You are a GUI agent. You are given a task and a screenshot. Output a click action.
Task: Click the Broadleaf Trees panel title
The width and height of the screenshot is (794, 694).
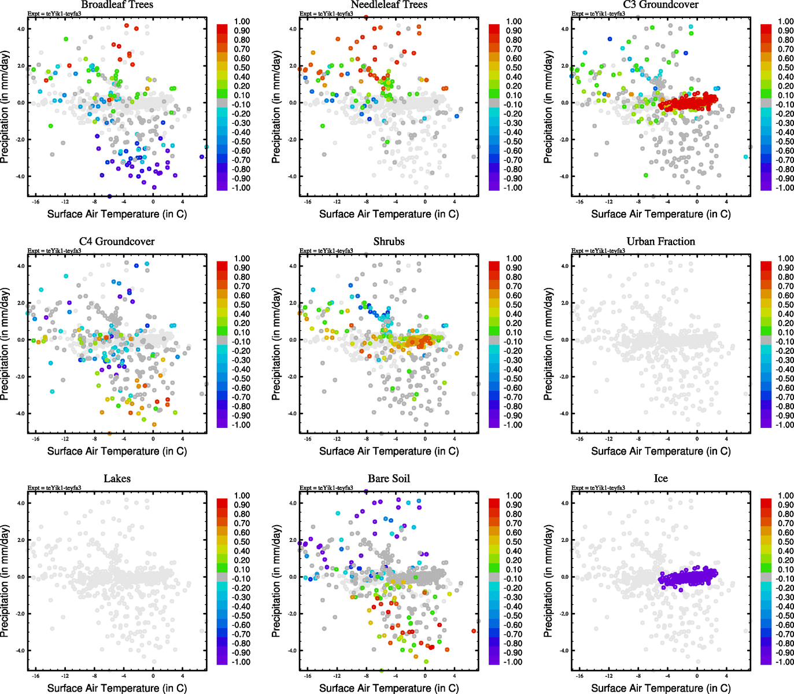pyautogui.click(x=117, y=5)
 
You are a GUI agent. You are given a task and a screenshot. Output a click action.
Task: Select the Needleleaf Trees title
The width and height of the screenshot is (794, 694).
pyautogui.click(x=389, y=5)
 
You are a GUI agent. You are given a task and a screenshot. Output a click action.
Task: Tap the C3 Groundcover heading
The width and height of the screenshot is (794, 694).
pyautogui.click(x=660, y=5)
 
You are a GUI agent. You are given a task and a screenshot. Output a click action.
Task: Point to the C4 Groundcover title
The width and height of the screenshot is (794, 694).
pyautogui.click(x=117, y=242)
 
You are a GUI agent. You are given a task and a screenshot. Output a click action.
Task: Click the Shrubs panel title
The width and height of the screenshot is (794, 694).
pyautogui.click(x=389, y=242)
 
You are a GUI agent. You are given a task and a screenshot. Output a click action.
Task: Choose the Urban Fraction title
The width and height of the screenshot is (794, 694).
pyautogui.click(x=660, y=242)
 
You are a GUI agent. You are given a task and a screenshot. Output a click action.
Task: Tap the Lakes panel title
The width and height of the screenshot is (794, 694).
pyautogui.click(x=117, y=479)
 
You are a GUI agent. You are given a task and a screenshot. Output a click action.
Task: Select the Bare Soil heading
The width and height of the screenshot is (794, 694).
pyautogui.click(x=389, y=479)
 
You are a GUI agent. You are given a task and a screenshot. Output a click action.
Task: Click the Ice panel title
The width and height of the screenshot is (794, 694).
pyautogui.click(x=660, y=479)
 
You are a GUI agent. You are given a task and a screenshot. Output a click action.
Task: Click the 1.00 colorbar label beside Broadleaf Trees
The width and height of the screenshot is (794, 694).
pyautogui.click(x=242, y=21)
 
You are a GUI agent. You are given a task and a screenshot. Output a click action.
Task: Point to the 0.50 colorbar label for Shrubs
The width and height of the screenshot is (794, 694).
pyautogui.click(x=514, y=305)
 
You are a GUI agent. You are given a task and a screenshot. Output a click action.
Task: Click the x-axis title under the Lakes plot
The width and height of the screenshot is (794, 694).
pyautogui.click(x=117, y=688)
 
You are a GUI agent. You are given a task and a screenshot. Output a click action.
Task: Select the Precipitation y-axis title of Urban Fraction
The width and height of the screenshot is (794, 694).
pyautogui.click(x=549, y=344)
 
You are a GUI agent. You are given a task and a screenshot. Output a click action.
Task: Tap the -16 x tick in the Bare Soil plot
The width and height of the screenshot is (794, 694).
pyautogui.click(x=307, y=676)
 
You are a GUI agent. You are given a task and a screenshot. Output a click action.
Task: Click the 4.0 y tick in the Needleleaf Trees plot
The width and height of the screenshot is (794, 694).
pyautogui.click(x=293, y=29)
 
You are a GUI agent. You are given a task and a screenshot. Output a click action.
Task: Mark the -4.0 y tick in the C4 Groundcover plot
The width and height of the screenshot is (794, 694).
pyautogui.click(x=20, y=414)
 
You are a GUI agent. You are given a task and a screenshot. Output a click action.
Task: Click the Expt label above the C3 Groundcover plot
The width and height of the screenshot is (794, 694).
pyautogui.click(x=598, y=14)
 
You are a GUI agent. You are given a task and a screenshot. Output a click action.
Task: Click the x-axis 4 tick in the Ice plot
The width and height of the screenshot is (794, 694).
pyautogui.click(x=726, y=676)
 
